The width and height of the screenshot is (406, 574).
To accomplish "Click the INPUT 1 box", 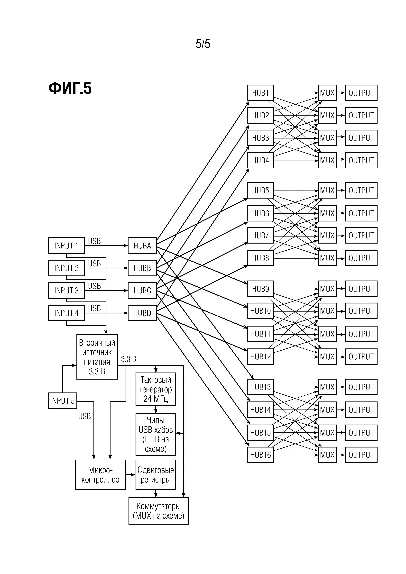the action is coord(66,246).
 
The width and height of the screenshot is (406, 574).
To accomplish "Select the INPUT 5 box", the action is coord(62,401).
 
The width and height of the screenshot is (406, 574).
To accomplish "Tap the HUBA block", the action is coord(142,246).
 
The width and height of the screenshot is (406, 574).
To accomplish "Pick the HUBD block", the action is coord(142,313).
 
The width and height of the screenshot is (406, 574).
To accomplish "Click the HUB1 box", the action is coord(260,93).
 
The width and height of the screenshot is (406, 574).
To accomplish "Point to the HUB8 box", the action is coord(260,258).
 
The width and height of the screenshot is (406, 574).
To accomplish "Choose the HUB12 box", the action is coord(260,356).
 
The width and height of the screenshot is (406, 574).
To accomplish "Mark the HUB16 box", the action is coord(260,455).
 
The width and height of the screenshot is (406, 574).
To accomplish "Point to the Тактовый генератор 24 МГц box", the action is coord(156,389).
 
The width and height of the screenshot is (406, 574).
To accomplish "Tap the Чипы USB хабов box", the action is coord(156,434).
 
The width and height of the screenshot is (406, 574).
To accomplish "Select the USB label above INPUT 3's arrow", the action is coord(94,286).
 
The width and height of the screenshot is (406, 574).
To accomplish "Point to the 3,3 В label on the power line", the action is coord(129,359).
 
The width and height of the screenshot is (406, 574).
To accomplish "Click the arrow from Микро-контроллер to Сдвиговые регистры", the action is coord(130,474).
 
